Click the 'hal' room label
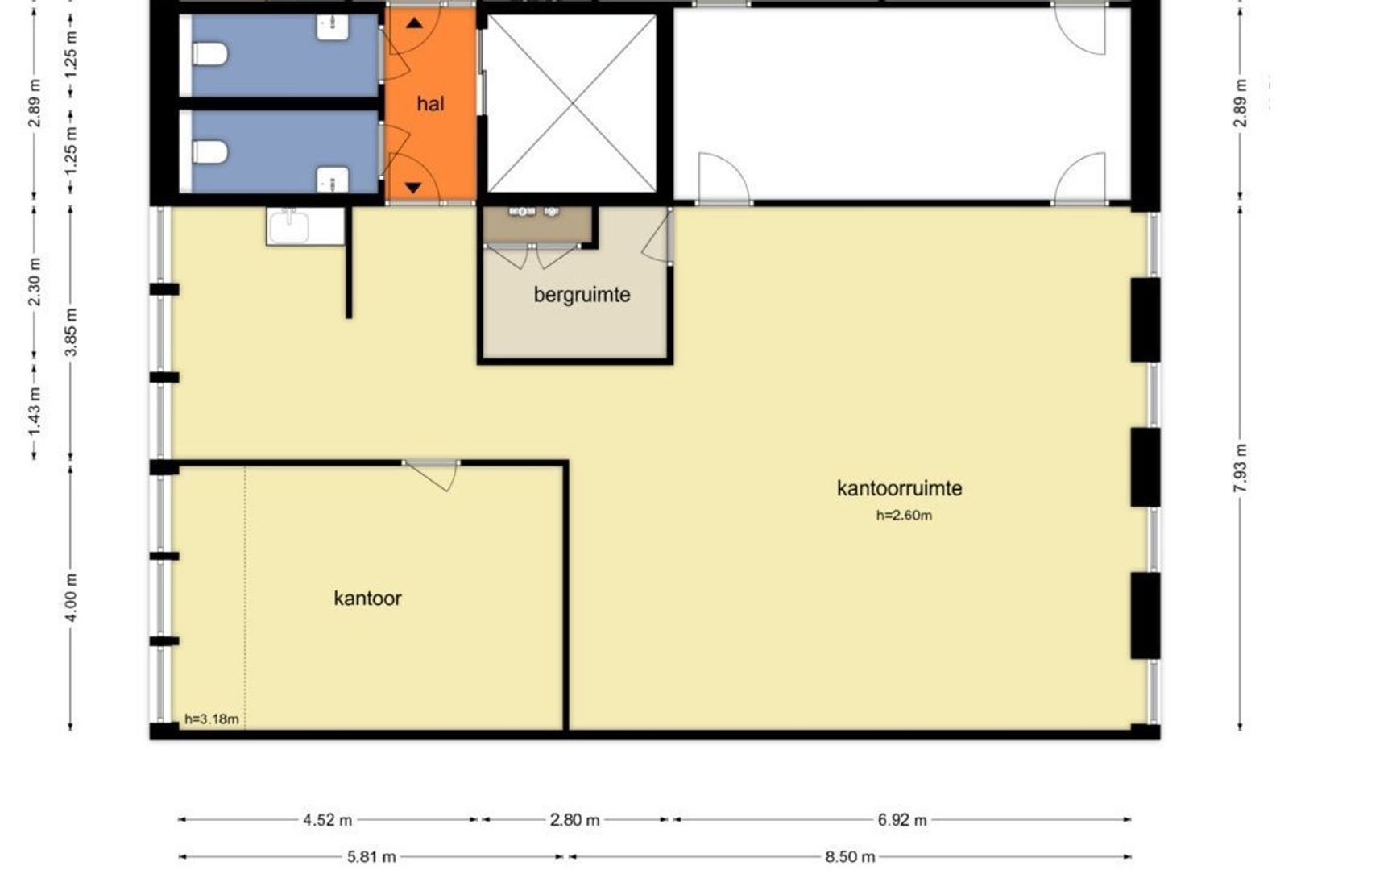pos(430,103)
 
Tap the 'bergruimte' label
pos(582,295)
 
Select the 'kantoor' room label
pos(367,598)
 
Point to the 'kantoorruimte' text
pos(899,488)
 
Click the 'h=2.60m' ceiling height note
pos(904,516)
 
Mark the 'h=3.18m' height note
pos(211,719)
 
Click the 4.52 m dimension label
pos(327,820)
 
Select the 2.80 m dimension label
pos(574,820)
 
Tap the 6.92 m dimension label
pos(902,820)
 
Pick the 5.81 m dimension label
pos(371,856)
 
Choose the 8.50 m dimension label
pos(850,856)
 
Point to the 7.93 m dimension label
pos(1241,467)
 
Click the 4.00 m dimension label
pos(71,597)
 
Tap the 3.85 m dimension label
pos(71,332)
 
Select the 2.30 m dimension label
pos(35,281)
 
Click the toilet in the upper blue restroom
pos(210,55)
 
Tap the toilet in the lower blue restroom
pos(210,152)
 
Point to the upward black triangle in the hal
pos(414,23)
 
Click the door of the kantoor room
pos(435,475)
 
